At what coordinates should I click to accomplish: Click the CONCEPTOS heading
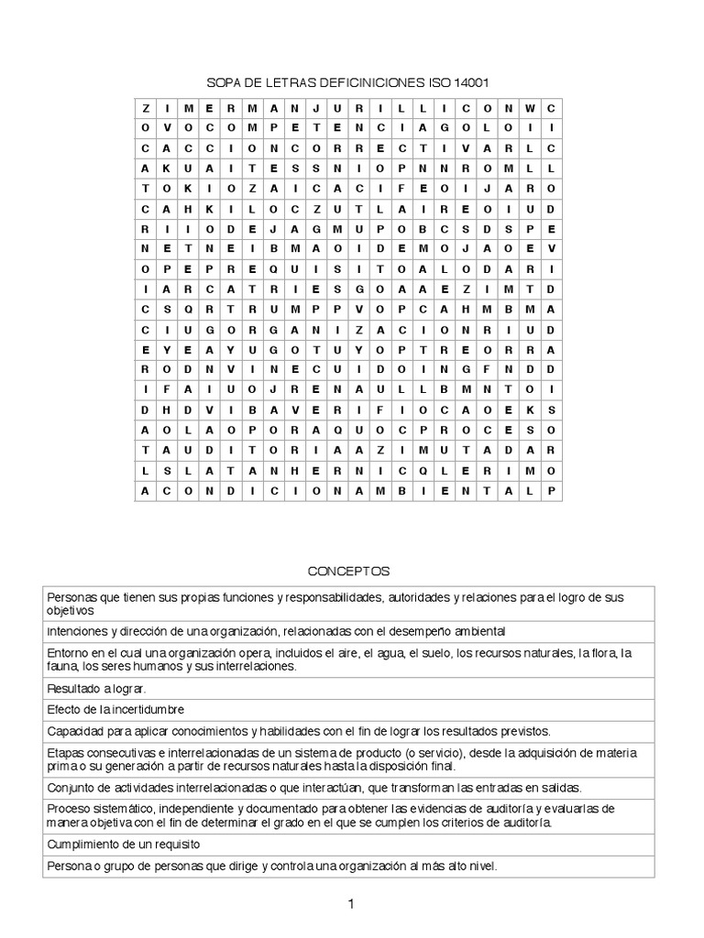pos(348,571)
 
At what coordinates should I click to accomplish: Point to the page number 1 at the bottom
pos(350,904)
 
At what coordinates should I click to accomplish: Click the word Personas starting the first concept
pos(73,597)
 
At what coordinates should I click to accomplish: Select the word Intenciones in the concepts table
pos(80,632)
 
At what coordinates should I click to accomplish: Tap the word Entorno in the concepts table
pos(69,653)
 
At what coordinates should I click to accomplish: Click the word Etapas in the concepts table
pos(66,752)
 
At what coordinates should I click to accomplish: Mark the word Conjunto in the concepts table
pos(72,787)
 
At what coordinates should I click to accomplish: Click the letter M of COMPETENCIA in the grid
pos(229,128)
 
